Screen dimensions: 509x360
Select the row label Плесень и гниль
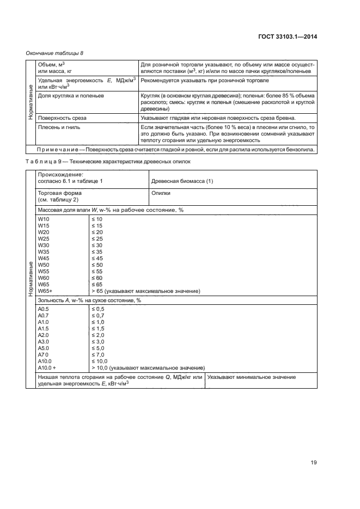click(x=57, y=126)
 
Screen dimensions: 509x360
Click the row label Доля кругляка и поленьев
click(x=70, y=95)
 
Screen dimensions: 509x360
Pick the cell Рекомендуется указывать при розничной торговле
click(x=204, y=81)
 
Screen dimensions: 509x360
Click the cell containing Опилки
click(x=161, y=193)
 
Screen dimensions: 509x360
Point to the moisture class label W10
click(x=43, y=219)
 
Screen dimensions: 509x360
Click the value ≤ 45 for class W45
click(x=97, y=258)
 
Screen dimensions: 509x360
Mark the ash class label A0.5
click(x=44, y=309)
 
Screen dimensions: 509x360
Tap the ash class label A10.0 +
click(x=47, y=367)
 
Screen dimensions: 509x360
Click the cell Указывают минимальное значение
click(x=252, y=377)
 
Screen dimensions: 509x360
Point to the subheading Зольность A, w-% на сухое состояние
click(x=89, y=300)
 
